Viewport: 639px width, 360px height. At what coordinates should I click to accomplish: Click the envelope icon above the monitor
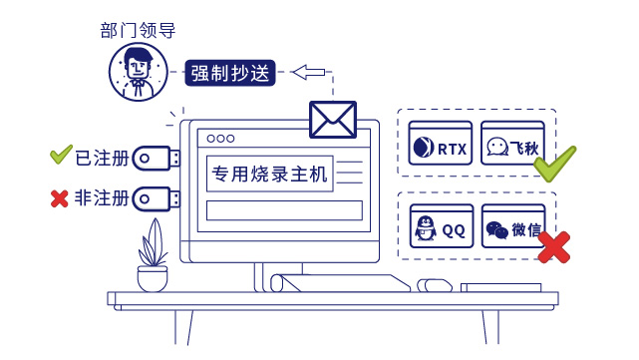coord(333,119)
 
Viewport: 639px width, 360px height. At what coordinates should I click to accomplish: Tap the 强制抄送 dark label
coord(230,73)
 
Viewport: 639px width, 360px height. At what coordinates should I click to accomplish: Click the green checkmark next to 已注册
coord(61,155)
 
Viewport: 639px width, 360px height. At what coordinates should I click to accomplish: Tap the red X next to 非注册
coord(59,199)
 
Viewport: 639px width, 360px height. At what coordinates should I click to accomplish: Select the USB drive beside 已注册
coord(157,157)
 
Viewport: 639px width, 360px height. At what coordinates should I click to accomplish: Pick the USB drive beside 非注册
coord(157,199)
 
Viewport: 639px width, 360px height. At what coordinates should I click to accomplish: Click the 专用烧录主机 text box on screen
coord(268,174)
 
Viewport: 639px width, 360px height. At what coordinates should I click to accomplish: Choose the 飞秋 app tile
coord(512,147)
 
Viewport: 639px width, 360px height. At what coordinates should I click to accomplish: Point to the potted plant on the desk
coord(153,258)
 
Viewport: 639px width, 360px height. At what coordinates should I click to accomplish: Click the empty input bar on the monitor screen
coord(284,210)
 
